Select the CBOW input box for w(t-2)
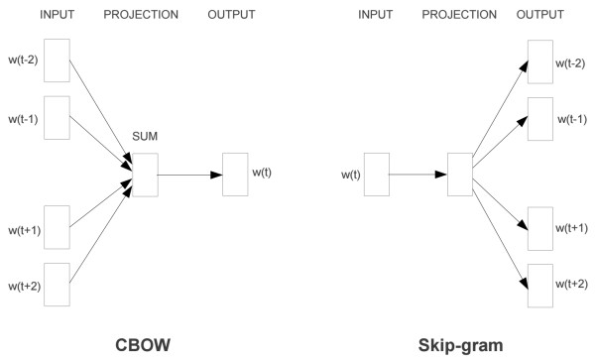tap(57, 61)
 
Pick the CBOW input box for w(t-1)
tap(57, 117)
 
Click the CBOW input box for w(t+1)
tap(57, 227)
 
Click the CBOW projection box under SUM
tap(145, 175)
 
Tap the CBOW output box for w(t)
tap(235, 175)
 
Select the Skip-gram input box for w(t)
tap(378, 175)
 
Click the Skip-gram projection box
tap(459, 175)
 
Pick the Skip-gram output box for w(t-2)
tap(540, 61)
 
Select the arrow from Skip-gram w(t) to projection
tap(417, 175)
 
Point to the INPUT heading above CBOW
tap(57, 14)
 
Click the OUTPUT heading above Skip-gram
tap(540, 14)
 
